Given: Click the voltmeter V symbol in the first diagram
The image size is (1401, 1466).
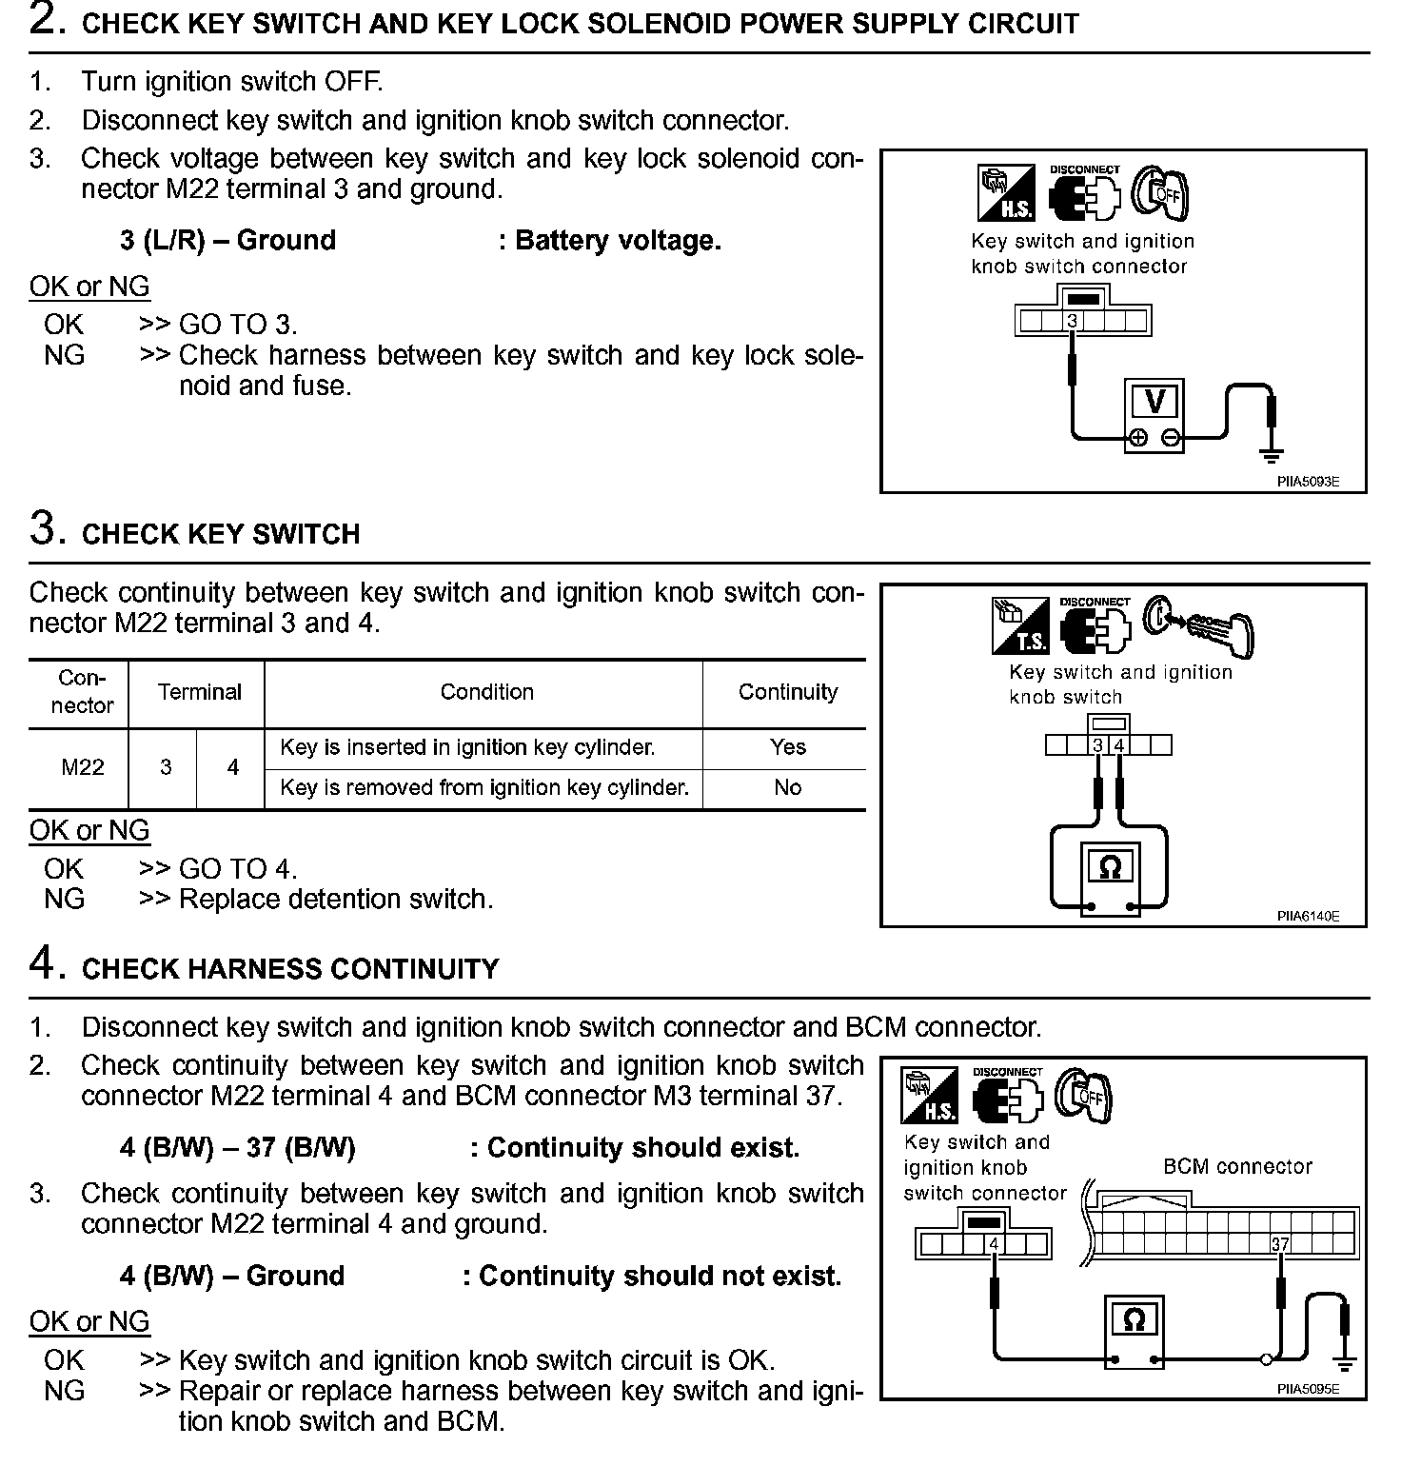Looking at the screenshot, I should [1154, 402].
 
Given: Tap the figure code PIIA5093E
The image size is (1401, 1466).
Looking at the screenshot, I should [1308, 482].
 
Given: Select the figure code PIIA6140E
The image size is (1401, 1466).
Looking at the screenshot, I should [1308, 916].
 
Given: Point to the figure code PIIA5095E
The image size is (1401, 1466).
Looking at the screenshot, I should [1308, 1389].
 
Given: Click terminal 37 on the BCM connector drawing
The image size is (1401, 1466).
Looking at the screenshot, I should [1280, 1244].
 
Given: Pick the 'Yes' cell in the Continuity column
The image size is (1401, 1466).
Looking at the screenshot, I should [787, 747].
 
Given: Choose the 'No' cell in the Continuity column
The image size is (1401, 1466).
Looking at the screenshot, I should [787, 788].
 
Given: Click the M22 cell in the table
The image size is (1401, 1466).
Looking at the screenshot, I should [83, 767].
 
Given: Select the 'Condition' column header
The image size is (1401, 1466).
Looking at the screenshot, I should [486, 692].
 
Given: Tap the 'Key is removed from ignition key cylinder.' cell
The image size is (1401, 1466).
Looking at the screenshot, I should [483, 788].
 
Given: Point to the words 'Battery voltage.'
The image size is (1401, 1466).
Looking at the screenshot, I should [618, 240].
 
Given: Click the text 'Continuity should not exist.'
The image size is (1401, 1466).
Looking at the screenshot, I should [660, 1276].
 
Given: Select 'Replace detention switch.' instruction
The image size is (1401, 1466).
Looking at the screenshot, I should [336, 900].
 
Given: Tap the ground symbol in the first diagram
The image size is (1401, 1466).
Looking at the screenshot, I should [1271, 455].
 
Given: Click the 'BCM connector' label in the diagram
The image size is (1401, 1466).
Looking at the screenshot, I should [1237, 1166].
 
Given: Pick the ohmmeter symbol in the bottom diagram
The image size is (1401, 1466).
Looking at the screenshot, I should [1134, 1320].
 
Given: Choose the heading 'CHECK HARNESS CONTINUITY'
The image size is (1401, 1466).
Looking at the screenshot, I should [290, 969].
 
